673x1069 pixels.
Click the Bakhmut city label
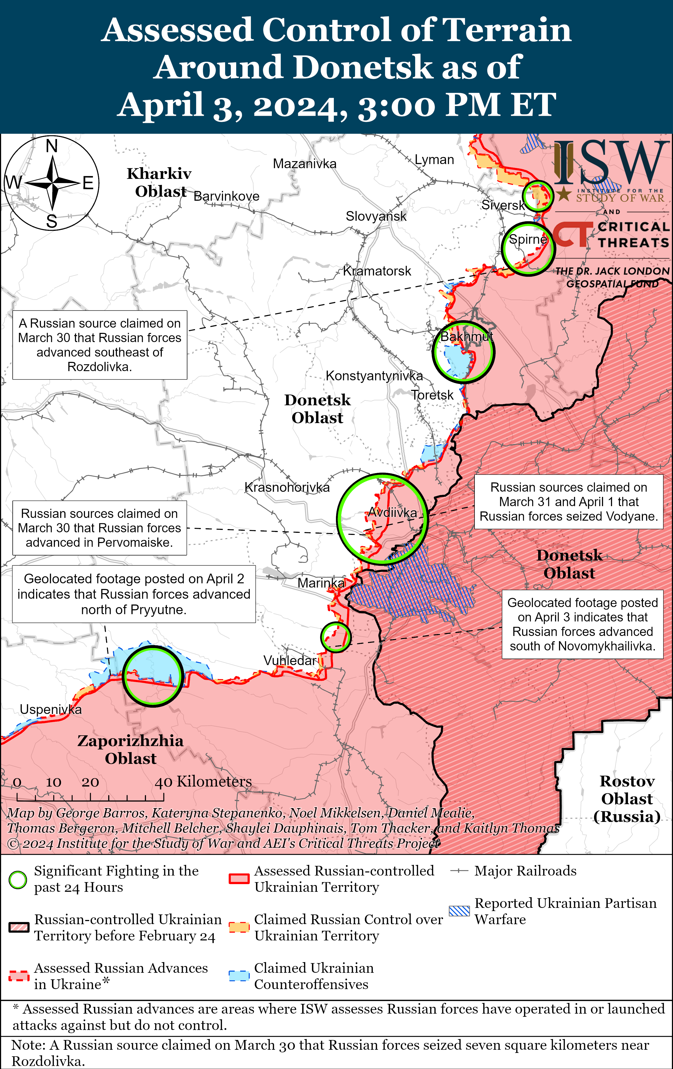[466, 337]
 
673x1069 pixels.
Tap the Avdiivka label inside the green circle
[393, 513]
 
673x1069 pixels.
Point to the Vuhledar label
[289, 661]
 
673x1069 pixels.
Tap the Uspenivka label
[51, 710]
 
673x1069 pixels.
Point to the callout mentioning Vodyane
[568, 502]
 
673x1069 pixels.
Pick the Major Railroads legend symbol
[459, 871]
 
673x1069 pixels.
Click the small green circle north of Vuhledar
[336, 637]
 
